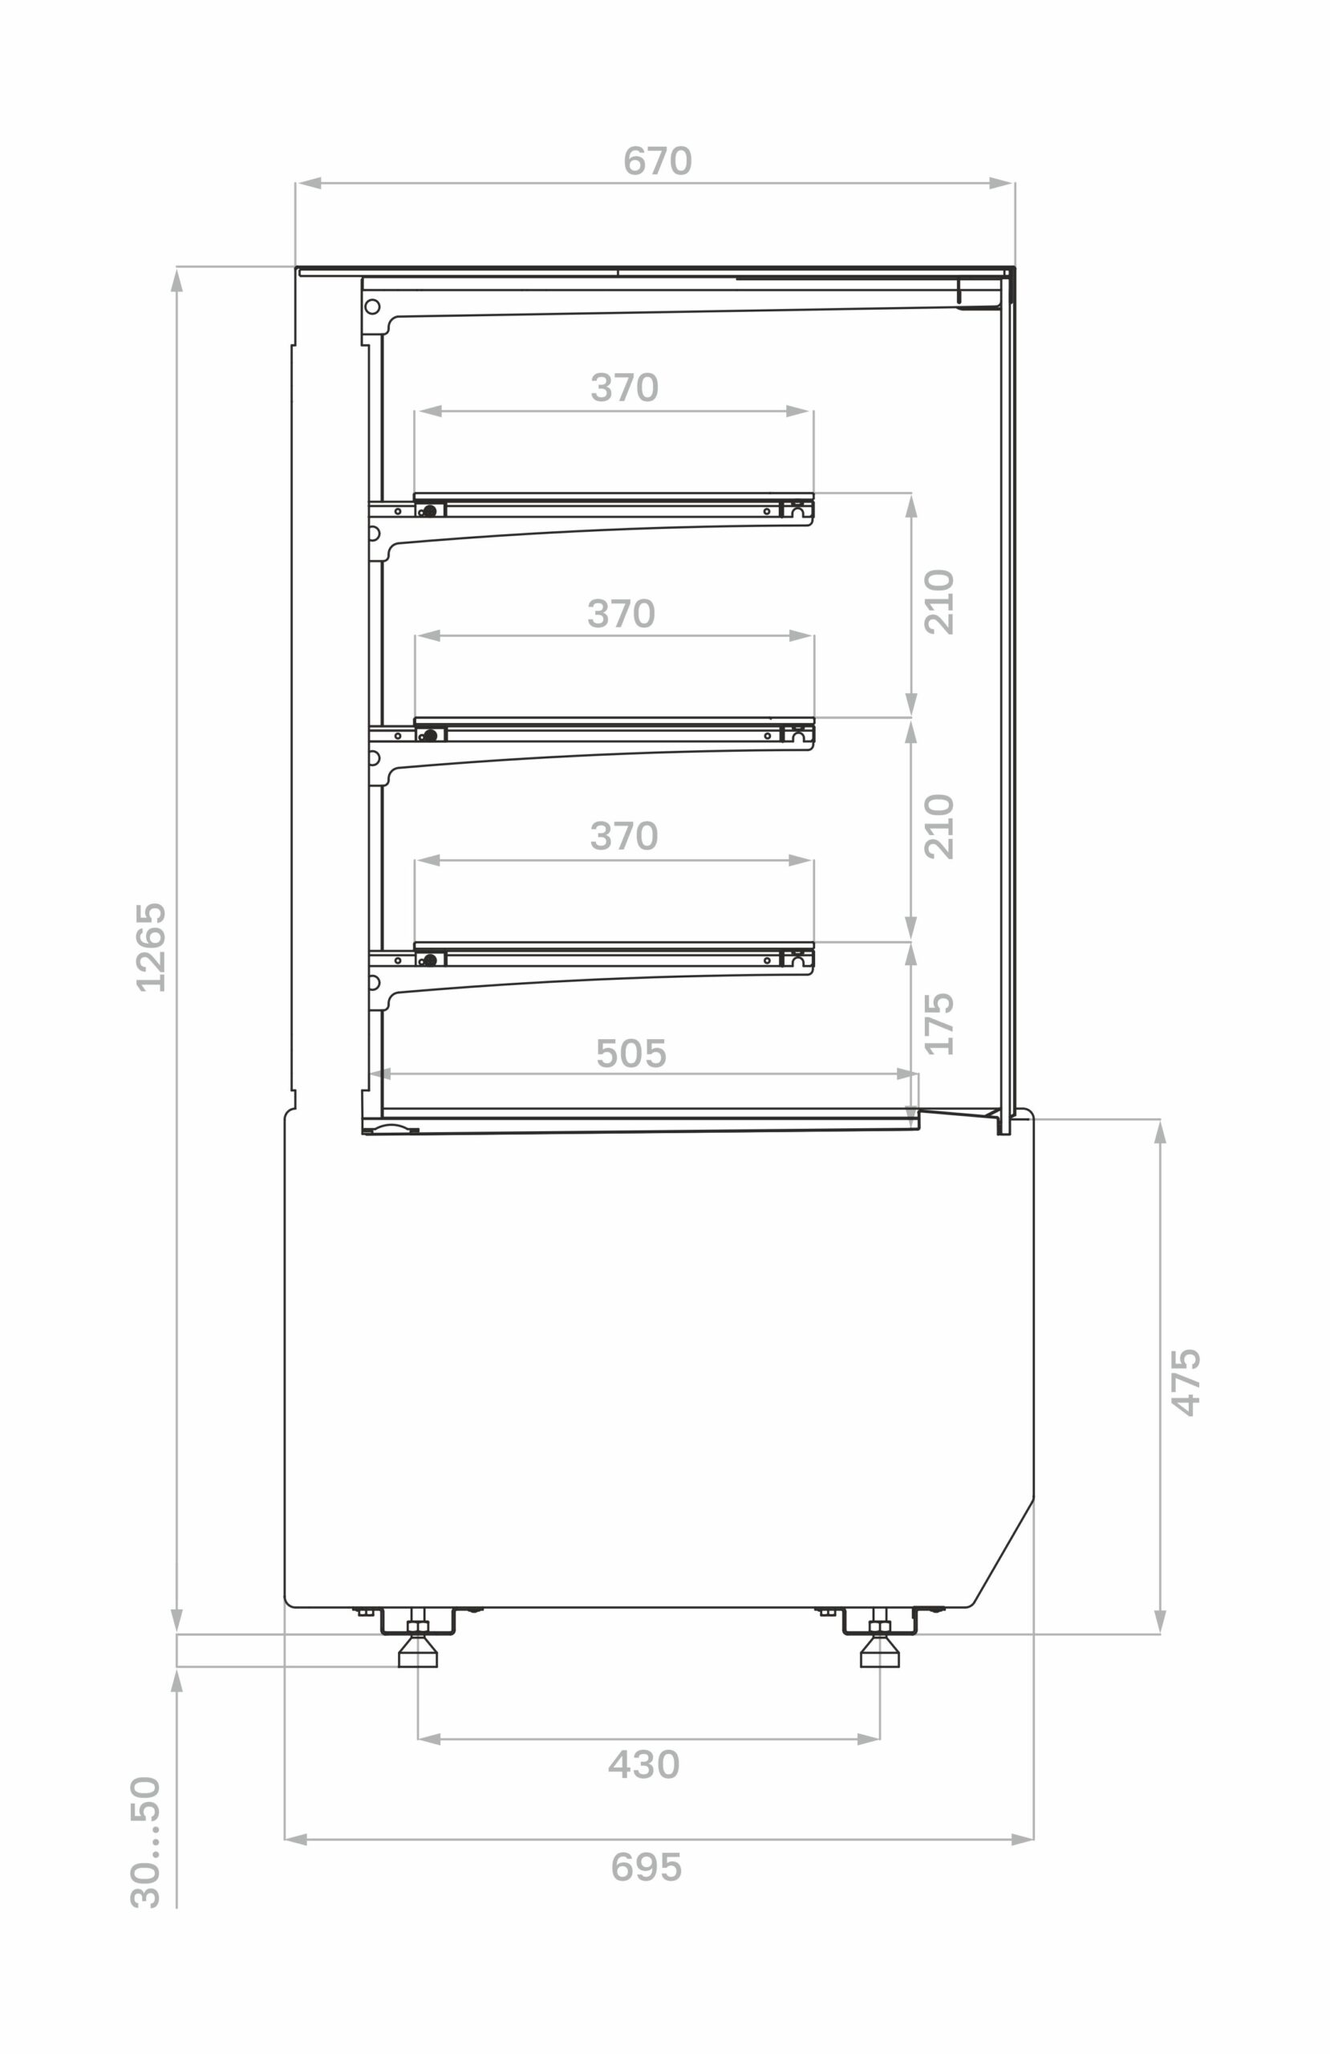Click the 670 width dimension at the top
click(658, 161)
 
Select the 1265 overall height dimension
click(151, 947)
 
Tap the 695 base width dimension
click(647, 1868)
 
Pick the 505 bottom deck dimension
click(631, 1053)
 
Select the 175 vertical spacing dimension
click(939, 1024)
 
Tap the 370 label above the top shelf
click(624, 388)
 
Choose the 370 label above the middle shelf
click(622, 614)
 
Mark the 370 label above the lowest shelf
click(624, 836)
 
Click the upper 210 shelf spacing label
click(939, 603)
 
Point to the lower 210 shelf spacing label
click(939, 826)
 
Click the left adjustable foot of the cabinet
click(418, 1650)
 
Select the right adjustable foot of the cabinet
click(879, 1650)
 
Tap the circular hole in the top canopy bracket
click(372, 306)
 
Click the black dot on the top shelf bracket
click(430, 511)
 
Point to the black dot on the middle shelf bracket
click(430, 735)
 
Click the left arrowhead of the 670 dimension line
click(310, 183)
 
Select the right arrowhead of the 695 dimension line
click(1022, 1839)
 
